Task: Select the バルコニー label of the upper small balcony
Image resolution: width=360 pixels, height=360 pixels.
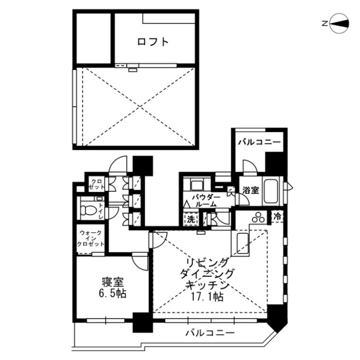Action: tap(258, 142)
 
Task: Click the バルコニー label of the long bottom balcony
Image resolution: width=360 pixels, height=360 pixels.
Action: tap(210, 333)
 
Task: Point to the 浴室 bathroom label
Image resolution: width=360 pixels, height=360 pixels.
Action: tap(251, 190)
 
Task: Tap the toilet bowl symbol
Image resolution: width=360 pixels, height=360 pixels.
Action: tap(88, 210)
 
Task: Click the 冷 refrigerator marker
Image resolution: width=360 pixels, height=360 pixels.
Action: tap(277, 216)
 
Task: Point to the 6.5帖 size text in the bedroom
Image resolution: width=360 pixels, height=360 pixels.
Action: tap(114, 293)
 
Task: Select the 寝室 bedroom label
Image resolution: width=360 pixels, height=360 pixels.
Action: tap(113, 281)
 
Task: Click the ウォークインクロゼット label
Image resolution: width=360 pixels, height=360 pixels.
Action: tap(91, 239)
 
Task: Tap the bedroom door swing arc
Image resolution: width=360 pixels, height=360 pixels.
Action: tap(140, 262)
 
